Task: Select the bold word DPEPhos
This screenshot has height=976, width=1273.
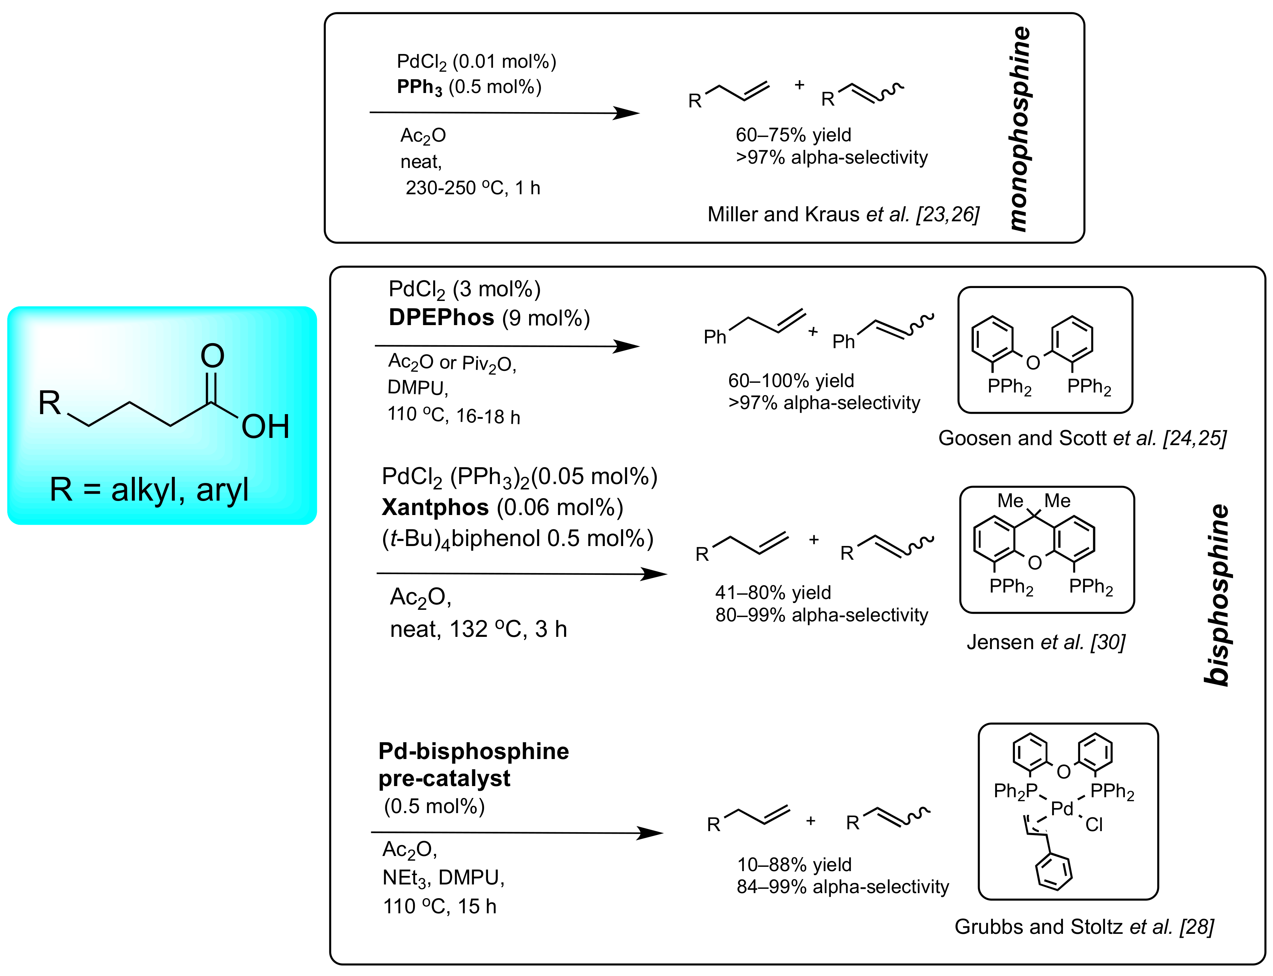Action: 441,317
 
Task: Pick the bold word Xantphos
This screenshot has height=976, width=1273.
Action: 435,507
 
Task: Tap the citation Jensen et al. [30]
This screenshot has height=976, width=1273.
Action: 1046,642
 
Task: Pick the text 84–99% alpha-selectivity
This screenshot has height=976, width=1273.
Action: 842,887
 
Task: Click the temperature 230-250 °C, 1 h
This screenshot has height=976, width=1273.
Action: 473,188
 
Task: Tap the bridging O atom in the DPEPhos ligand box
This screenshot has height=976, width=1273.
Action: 1033,363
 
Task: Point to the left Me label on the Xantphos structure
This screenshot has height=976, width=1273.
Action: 1010,500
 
